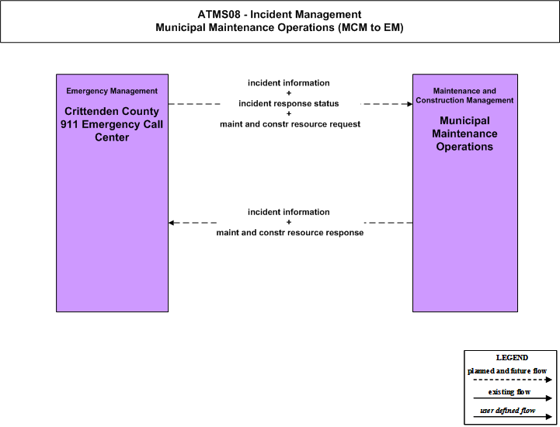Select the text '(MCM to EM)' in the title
(x=370, y=27)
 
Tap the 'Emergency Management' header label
(x=112, y=91)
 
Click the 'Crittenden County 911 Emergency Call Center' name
(x=112, y=124)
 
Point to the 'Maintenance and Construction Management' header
(x=464, y=95)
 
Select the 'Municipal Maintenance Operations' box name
(x=464, y=134)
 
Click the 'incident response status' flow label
(x=289, y=103)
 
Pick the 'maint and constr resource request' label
(x=290, y=124)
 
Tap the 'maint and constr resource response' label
(x=290, y=233)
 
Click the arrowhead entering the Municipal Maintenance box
(x=409, y=104)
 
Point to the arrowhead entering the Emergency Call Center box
(x=172, y=223)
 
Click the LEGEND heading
(x=512, y=357)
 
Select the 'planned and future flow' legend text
(x=507, y=371)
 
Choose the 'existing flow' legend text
(x=510, y=392)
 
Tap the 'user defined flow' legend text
(x=507, y=411)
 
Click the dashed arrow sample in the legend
(x=513, y=380)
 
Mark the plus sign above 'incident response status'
(x=289, y=93)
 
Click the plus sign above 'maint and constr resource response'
(x=289, y=222)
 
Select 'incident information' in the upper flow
(x=289, y=83)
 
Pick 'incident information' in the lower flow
(x=289, y=212)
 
